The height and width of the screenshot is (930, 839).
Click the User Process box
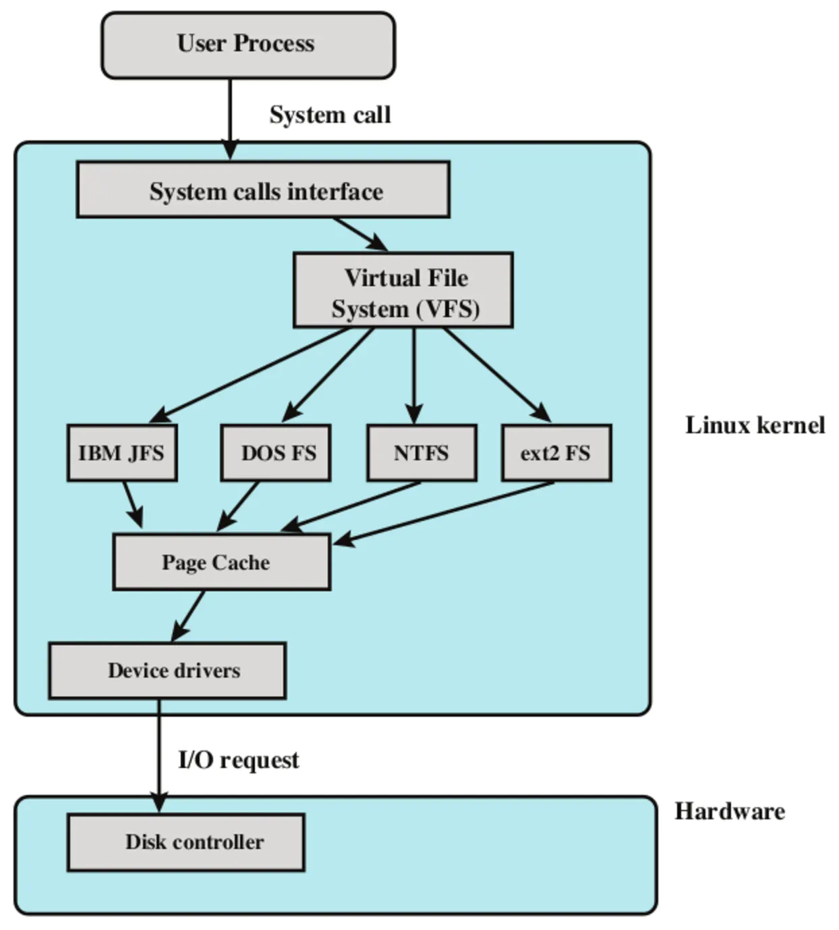(x=248, y=45)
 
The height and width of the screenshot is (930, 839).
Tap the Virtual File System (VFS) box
(x=403, y=291)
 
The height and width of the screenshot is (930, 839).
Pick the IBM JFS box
(x=122, y=453)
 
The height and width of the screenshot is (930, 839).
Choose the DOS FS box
(x=276, y=453)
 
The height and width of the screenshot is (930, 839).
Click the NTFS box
(x=422, y=453)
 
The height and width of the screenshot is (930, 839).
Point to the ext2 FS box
(x=556, y=453)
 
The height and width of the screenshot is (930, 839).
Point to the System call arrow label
(x=330, y=115)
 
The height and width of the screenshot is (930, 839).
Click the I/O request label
(x=238, y=760)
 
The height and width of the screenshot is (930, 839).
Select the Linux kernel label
(x=755, y=425)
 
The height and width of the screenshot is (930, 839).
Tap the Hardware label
(x=730, y=811)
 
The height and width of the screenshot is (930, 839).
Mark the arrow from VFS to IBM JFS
(x=250, y=375)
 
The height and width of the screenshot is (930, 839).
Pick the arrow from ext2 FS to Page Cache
(x=445, y=511)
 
